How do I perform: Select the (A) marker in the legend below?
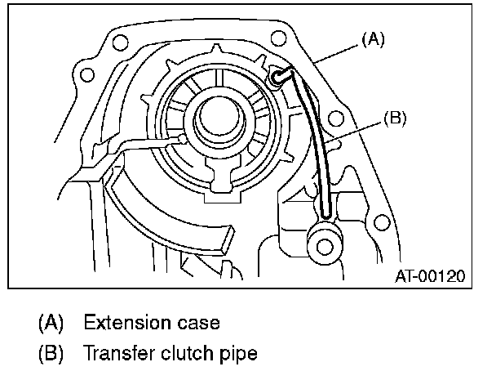[52, 322]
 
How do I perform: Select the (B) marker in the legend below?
[52, 355]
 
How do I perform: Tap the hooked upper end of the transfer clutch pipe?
[280, 76]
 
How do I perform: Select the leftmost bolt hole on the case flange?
[85, 74]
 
